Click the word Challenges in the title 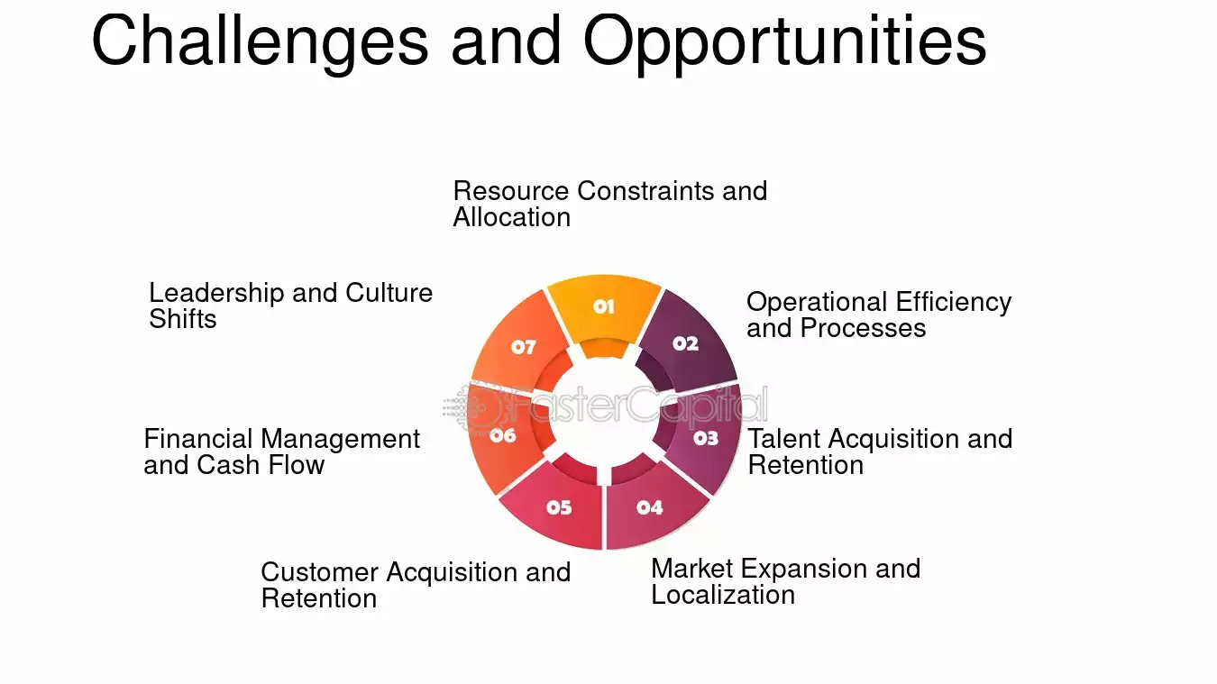pos(260,41)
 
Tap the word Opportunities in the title pos(784,41)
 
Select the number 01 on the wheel pos(604,307)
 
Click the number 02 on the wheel pos(685,343)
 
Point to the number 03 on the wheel pos(706,438)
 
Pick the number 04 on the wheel pos(649,507)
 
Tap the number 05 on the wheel pos(559,507)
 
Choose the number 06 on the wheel pos(503,436)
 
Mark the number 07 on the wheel pos(524,347)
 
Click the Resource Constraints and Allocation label pos(609,204)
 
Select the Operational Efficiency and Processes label pos(879,315)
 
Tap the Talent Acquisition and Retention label pos(880,451)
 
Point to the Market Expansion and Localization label pos(785,581)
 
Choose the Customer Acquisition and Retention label pos(416,585)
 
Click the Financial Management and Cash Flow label pos(281,451)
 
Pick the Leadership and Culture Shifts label pos(290,306)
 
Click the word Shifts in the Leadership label pos(183,319)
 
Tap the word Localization pos(723,595)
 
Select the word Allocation pos(511,217)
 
